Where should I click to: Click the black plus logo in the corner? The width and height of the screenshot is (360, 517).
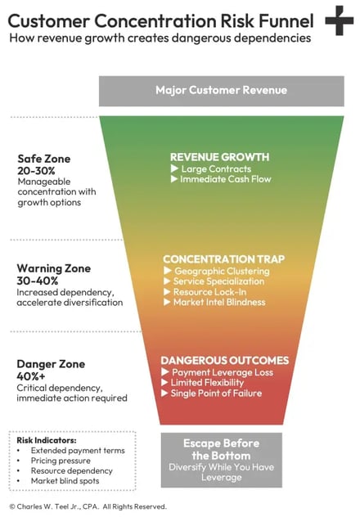pyautogui.click(x=340, y=20)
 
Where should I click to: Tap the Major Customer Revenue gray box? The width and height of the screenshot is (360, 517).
pyautogui.click(x=222, y=91)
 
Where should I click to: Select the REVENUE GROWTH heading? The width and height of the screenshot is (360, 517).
pyautogui.click(x=219, y=157)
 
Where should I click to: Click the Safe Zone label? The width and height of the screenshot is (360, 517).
pyautogui.click(x=44, y=159)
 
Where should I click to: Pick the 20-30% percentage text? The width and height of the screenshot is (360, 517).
pyautogui.click(x=36, y=171)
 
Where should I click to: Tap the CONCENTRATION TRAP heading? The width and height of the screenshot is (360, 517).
pyautogui.click(x=224, y=259)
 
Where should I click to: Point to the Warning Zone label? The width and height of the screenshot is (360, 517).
pyautogui.click(x=54, y=268)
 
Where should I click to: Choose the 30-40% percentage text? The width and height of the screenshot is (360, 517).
pyautogui.click(x=38, y=281)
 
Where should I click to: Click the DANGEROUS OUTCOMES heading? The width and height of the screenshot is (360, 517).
pyautogui.click(x=225, y=361)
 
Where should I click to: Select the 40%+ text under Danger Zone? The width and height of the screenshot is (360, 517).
pyautogui.click(x=31, y=376)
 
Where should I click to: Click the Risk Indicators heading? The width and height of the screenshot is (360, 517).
pyautogui.click(x=47, y=440)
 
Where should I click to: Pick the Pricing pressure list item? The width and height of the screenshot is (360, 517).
pyautogui.click(x=61, y=461)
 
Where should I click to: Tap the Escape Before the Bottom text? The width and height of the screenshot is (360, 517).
pyautogui.click(x=221, y=449)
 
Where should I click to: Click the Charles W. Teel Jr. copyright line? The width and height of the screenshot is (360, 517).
pyautogui.click(x=88, y=506)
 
